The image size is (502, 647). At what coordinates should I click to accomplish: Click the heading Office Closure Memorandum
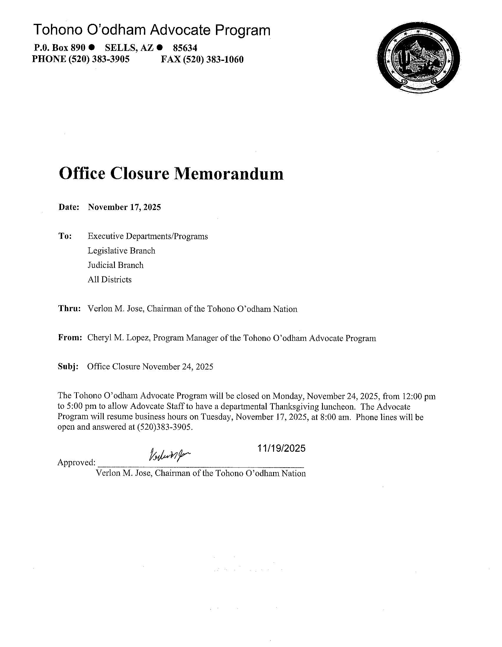coord(171,174)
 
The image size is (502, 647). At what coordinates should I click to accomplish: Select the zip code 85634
coord(185,48)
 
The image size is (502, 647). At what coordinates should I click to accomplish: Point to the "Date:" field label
coord(69,207)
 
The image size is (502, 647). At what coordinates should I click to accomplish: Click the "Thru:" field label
coord(70,309)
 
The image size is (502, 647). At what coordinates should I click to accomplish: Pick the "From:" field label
coord(70,338)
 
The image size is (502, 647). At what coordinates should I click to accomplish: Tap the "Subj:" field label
coord(68,366)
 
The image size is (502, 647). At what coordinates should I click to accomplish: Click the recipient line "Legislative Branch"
coord(121,251)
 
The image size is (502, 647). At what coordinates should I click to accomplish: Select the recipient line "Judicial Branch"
coord(115,265)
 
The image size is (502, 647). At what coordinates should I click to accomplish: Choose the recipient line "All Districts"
coord(110,279)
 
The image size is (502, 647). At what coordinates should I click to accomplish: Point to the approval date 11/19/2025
coord(281,448)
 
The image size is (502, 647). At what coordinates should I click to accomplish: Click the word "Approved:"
coord(76,462)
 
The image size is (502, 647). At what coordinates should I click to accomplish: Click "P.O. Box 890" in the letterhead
coord(60,48)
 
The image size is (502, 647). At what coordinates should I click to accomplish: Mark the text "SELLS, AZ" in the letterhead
coord(129,48)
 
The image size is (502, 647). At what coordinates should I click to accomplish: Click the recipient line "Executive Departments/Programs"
coord(148,236)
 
